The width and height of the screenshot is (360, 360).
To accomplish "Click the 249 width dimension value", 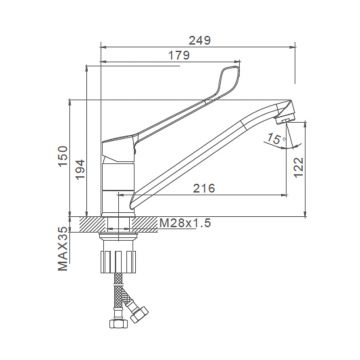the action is [200, 40].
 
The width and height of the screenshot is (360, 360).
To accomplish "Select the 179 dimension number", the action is [179, 55].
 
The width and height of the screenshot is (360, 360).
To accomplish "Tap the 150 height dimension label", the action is [63, 156].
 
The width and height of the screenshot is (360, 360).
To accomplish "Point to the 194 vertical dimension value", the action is [80, 170].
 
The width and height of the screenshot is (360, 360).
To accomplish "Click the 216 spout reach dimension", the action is [204, 188].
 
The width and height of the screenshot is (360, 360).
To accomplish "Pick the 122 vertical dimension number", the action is [299, 167].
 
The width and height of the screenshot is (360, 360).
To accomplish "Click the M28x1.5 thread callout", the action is [185, 223].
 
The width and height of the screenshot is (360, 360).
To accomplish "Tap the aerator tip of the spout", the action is [286, 117].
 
